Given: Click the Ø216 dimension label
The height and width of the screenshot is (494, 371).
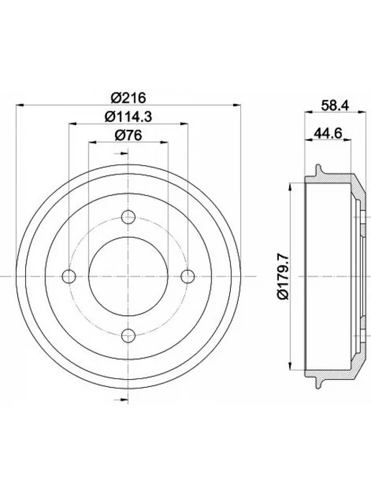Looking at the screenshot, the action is tap(129, 98).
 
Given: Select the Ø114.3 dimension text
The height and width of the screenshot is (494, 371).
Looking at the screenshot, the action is tap(129, 117).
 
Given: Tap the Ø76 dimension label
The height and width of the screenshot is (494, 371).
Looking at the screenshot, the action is tap(129, 136).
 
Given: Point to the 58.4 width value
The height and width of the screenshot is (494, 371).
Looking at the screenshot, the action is tap(335, 106).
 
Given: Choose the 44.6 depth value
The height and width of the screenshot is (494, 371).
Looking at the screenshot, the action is tap(328, 134).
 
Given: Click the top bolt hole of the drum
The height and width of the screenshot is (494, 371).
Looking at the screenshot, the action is tap(128, 217).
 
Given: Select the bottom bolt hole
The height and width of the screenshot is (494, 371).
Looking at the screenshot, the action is tap(128, 335).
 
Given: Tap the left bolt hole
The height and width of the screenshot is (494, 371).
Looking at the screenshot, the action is tap(69, 276).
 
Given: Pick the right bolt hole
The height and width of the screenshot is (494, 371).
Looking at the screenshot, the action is tap(188, 276).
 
